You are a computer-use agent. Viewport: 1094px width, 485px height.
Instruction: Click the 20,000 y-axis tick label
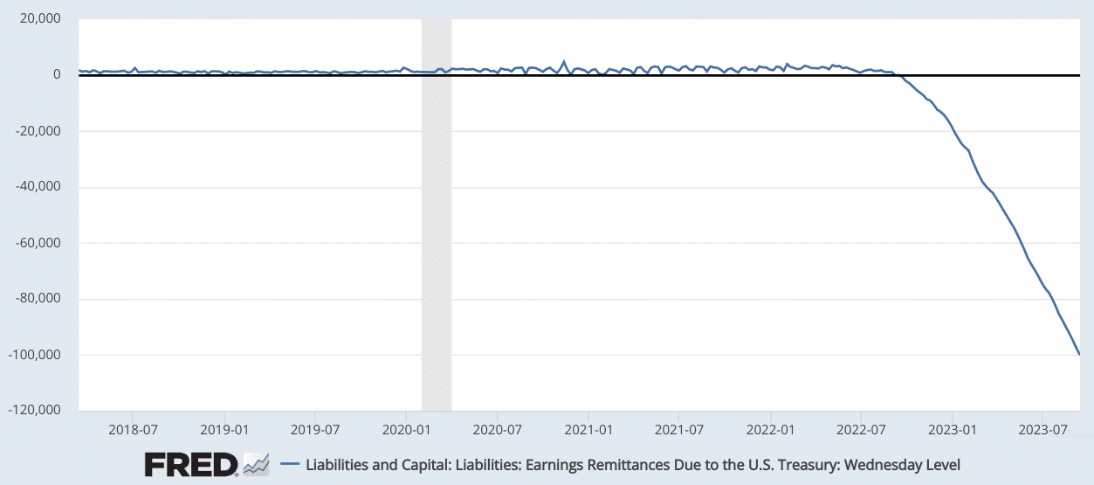pyautogui.click(x=40, y=18)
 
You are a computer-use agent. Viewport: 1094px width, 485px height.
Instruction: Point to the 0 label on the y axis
pyautogui.click(x=57, y=74)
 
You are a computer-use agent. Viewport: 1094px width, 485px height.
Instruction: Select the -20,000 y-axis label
pyautogui.click(x=38, y=131)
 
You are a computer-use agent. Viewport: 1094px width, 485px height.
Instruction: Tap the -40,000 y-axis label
pyautogui.click(x=38, y=186)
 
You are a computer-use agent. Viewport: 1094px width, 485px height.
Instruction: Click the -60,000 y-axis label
pyautogui.click(x=38, y=243)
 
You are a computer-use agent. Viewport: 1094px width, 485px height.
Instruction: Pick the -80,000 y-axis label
pyautogui.click(x=38, y=298)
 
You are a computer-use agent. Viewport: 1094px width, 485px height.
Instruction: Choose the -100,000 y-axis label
pyautogui.click(x=35, y=355)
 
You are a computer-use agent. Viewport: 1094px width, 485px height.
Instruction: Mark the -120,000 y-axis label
pyautogui.click(x=35, y=410)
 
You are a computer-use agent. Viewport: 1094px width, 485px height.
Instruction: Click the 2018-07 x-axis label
pyautogui.click(x=133, y=430)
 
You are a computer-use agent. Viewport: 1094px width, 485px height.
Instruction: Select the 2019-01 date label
pyautogui.click(x=224, y=430)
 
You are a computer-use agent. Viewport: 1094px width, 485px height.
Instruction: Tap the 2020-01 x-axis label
pyautogui.click(x=406, y=430)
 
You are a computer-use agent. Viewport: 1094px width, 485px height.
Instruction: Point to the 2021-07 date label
pyautogui.click(x=679, y=430)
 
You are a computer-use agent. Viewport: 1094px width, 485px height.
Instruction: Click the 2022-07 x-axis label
pyautogui.click(x=861, y=430)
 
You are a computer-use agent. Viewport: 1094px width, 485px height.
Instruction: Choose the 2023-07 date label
pyautogui.click(x=1042, y=430)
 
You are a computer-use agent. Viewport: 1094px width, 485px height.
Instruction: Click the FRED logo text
pyautogui.click(x=191, y=465)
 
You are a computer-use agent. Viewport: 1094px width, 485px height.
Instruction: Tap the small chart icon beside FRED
pyautogui.click(x=257, y=465)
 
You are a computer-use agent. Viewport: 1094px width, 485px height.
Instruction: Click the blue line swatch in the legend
pyautogui.click(x=290, y=463)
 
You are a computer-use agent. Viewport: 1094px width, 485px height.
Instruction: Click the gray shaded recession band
pyautogui.click(x=437, y=215)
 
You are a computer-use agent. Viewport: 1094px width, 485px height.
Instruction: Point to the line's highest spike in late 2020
pyautogui.click(x=564, y=61)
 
